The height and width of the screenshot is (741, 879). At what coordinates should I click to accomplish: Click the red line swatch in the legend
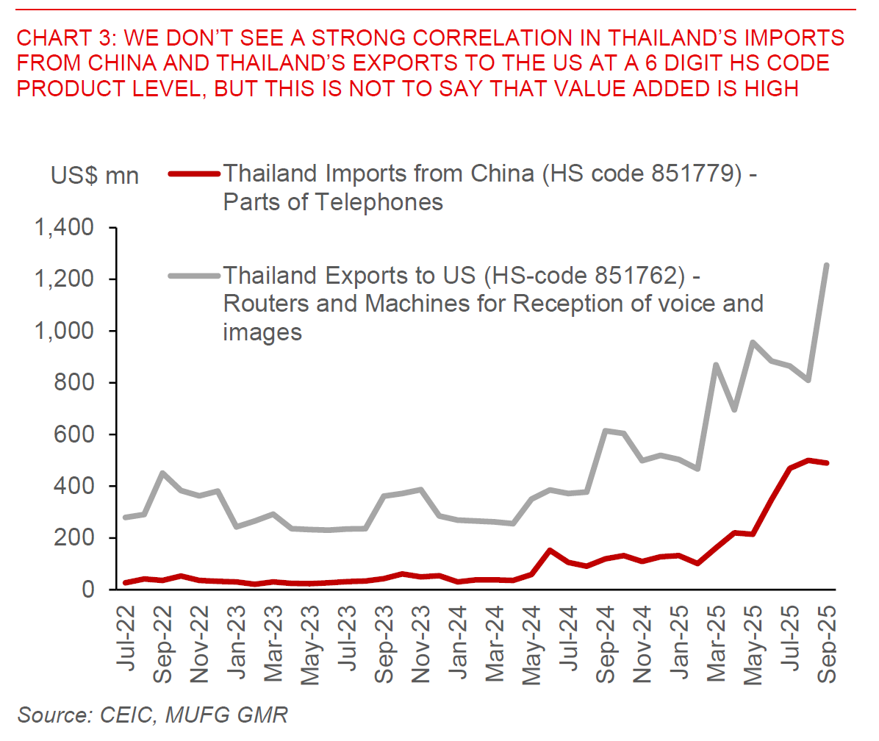pos(194,174)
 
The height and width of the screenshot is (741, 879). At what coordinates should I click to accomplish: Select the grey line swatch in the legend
pos(194,276)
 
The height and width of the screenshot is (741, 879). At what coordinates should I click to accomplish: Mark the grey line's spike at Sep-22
pos(162,473)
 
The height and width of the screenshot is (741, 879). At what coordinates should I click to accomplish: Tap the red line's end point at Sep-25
pos(828,463)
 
